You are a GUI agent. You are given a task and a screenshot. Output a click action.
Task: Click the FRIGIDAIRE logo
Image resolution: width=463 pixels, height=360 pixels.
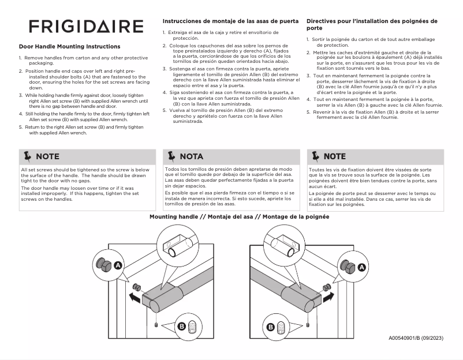click(87, 27)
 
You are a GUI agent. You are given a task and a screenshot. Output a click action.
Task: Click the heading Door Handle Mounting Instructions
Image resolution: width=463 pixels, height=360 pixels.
click(69, 46)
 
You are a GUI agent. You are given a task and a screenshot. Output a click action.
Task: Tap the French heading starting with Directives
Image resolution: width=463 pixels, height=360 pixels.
click(372, 21)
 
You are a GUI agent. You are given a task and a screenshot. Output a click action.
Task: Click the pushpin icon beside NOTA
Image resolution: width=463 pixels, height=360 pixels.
click(171, 156)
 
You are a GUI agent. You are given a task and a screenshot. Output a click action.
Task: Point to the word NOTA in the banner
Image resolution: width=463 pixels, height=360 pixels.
click(192, 156)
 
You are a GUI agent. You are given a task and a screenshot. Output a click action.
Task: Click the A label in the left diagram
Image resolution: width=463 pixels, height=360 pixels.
click(118, 265)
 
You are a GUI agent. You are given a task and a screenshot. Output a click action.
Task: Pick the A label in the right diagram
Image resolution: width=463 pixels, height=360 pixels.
click(362, 267)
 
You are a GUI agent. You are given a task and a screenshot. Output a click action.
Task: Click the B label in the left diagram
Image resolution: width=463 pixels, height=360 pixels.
click(182, 326)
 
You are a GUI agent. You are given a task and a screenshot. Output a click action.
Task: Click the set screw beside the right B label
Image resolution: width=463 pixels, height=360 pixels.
click(282, 327)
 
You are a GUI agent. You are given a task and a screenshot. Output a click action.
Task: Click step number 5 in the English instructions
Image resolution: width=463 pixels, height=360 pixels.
click(20, 126)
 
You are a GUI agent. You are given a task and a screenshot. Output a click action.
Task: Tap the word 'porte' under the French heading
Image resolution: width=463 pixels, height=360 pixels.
click(315, 28)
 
